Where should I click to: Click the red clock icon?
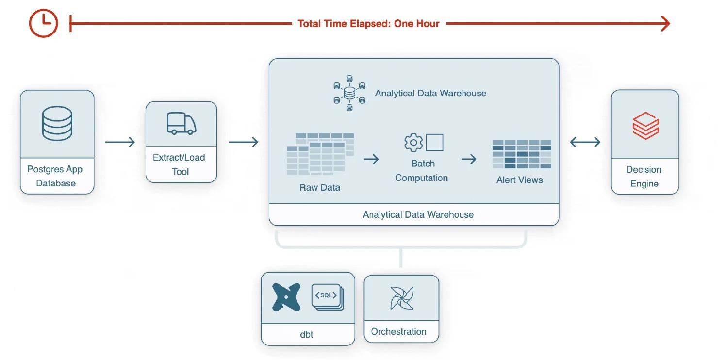coord(44,23)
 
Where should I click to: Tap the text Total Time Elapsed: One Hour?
coord(368,24)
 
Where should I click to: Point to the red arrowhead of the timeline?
coord(666,24)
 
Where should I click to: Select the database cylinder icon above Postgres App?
coord(57,123)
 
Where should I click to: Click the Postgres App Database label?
coord(55,176)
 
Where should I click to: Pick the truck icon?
coord(182,123)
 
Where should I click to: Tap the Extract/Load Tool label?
coord(179,164)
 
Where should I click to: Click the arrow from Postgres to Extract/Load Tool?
coord(120,142)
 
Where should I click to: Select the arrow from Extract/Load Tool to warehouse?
coord(243,142)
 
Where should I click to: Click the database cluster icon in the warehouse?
coord(349,93)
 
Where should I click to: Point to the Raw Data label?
coord(320,187)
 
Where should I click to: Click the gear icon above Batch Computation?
coord(413,142)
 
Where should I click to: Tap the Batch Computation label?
coord(422,171)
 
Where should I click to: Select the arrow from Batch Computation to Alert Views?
coord(469,159)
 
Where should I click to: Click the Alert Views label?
coord(520,180)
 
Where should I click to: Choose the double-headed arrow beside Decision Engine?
coord(585,142)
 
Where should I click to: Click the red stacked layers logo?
coord(645,126)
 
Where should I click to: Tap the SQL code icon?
coord(328,297)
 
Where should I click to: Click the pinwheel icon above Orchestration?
coord(402,298)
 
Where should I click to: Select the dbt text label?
coord(306,334)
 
